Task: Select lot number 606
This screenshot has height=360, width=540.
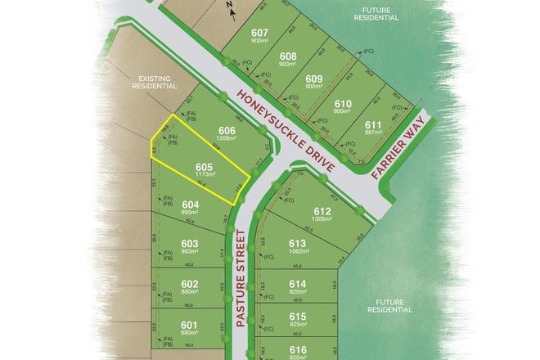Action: point(227,131)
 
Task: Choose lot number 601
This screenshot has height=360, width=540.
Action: point(190,325)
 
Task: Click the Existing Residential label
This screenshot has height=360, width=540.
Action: point(154,82)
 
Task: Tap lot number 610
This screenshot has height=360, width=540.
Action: point(344,103)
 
